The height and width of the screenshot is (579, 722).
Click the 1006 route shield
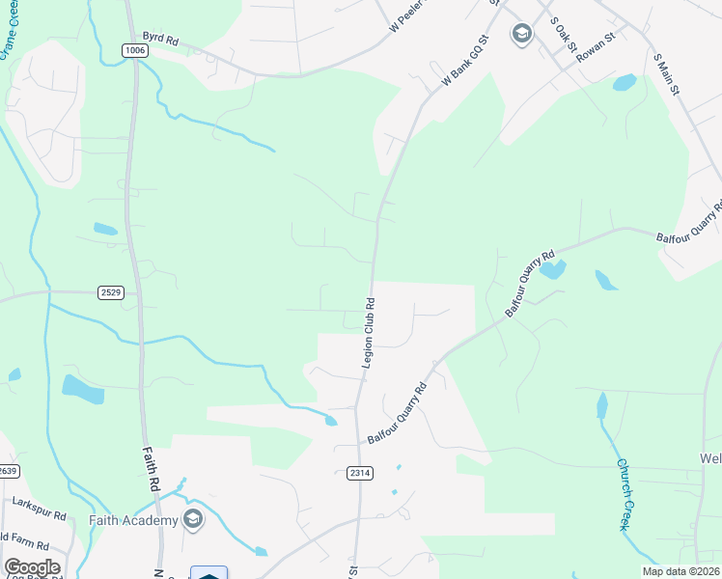click(x=135, y=50)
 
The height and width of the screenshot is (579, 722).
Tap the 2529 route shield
click(x=111, y=291)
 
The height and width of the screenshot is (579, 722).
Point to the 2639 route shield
click(x=8, y=470)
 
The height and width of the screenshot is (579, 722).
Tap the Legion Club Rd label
click(x=368, y=332)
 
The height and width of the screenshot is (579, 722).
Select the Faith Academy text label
click(x=134, y=521)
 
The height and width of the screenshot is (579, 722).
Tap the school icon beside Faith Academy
click(x=193, y=520)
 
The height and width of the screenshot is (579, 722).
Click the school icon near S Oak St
click(x=522, y=35)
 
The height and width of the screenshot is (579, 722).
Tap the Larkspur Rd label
click(x=40, y=503)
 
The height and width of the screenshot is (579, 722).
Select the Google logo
click(x=32, y=567)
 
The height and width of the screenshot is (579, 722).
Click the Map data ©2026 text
click(x=680, y=571)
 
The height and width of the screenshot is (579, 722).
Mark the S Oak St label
click(x=563, y=34)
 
